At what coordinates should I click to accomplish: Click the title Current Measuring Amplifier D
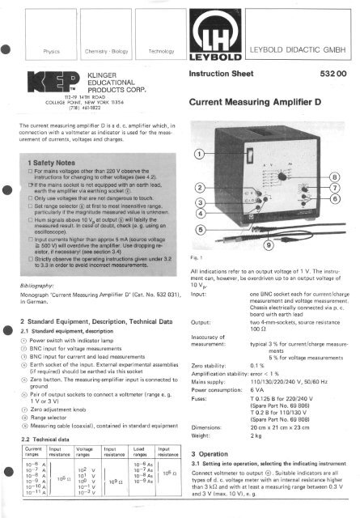[259, 104]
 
